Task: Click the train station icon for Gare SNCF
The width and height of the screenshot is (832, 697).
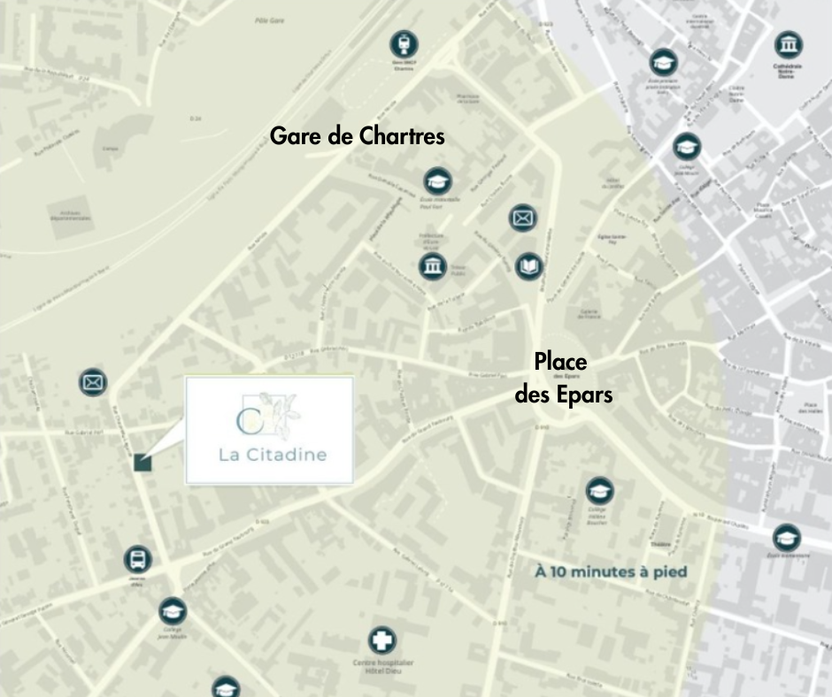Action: pos(405,43)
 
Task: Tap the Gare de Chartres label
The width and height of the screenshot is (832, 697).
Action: pos(357,137)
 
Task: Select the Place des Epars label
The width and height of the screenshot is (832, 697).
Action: pos(564,378)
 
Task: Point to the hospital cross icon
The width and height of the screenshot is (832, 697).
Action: pos(382,640)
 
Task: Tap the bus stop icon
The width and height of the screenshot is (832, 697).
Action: pos(137,559)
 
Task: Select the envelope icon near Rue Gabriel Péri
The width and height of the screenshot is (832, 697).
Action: pos(92,381)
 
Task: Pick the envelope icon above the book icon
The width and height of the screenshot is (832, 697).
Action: pos(522,217)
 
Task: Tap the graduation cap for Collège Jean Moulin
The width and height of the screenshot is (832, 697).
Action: pos(173,610)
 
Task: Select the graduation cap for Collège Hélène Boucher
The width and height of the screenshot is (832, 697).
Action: pos(599,489)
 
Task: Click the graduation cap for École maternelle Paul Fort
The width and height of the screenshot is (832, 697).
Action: pos(436,180)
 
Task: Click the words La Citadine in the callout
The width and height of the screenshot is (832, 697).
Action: pos(273,456)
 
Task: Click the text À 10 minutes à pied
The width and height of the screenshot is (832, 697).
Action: pos(611,571)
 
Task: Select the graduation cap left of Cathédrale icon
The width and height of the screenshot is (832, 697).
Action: pos(662,61)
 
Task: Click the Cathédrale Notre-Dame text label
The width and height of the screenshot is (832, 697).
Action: pos(787,73)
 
